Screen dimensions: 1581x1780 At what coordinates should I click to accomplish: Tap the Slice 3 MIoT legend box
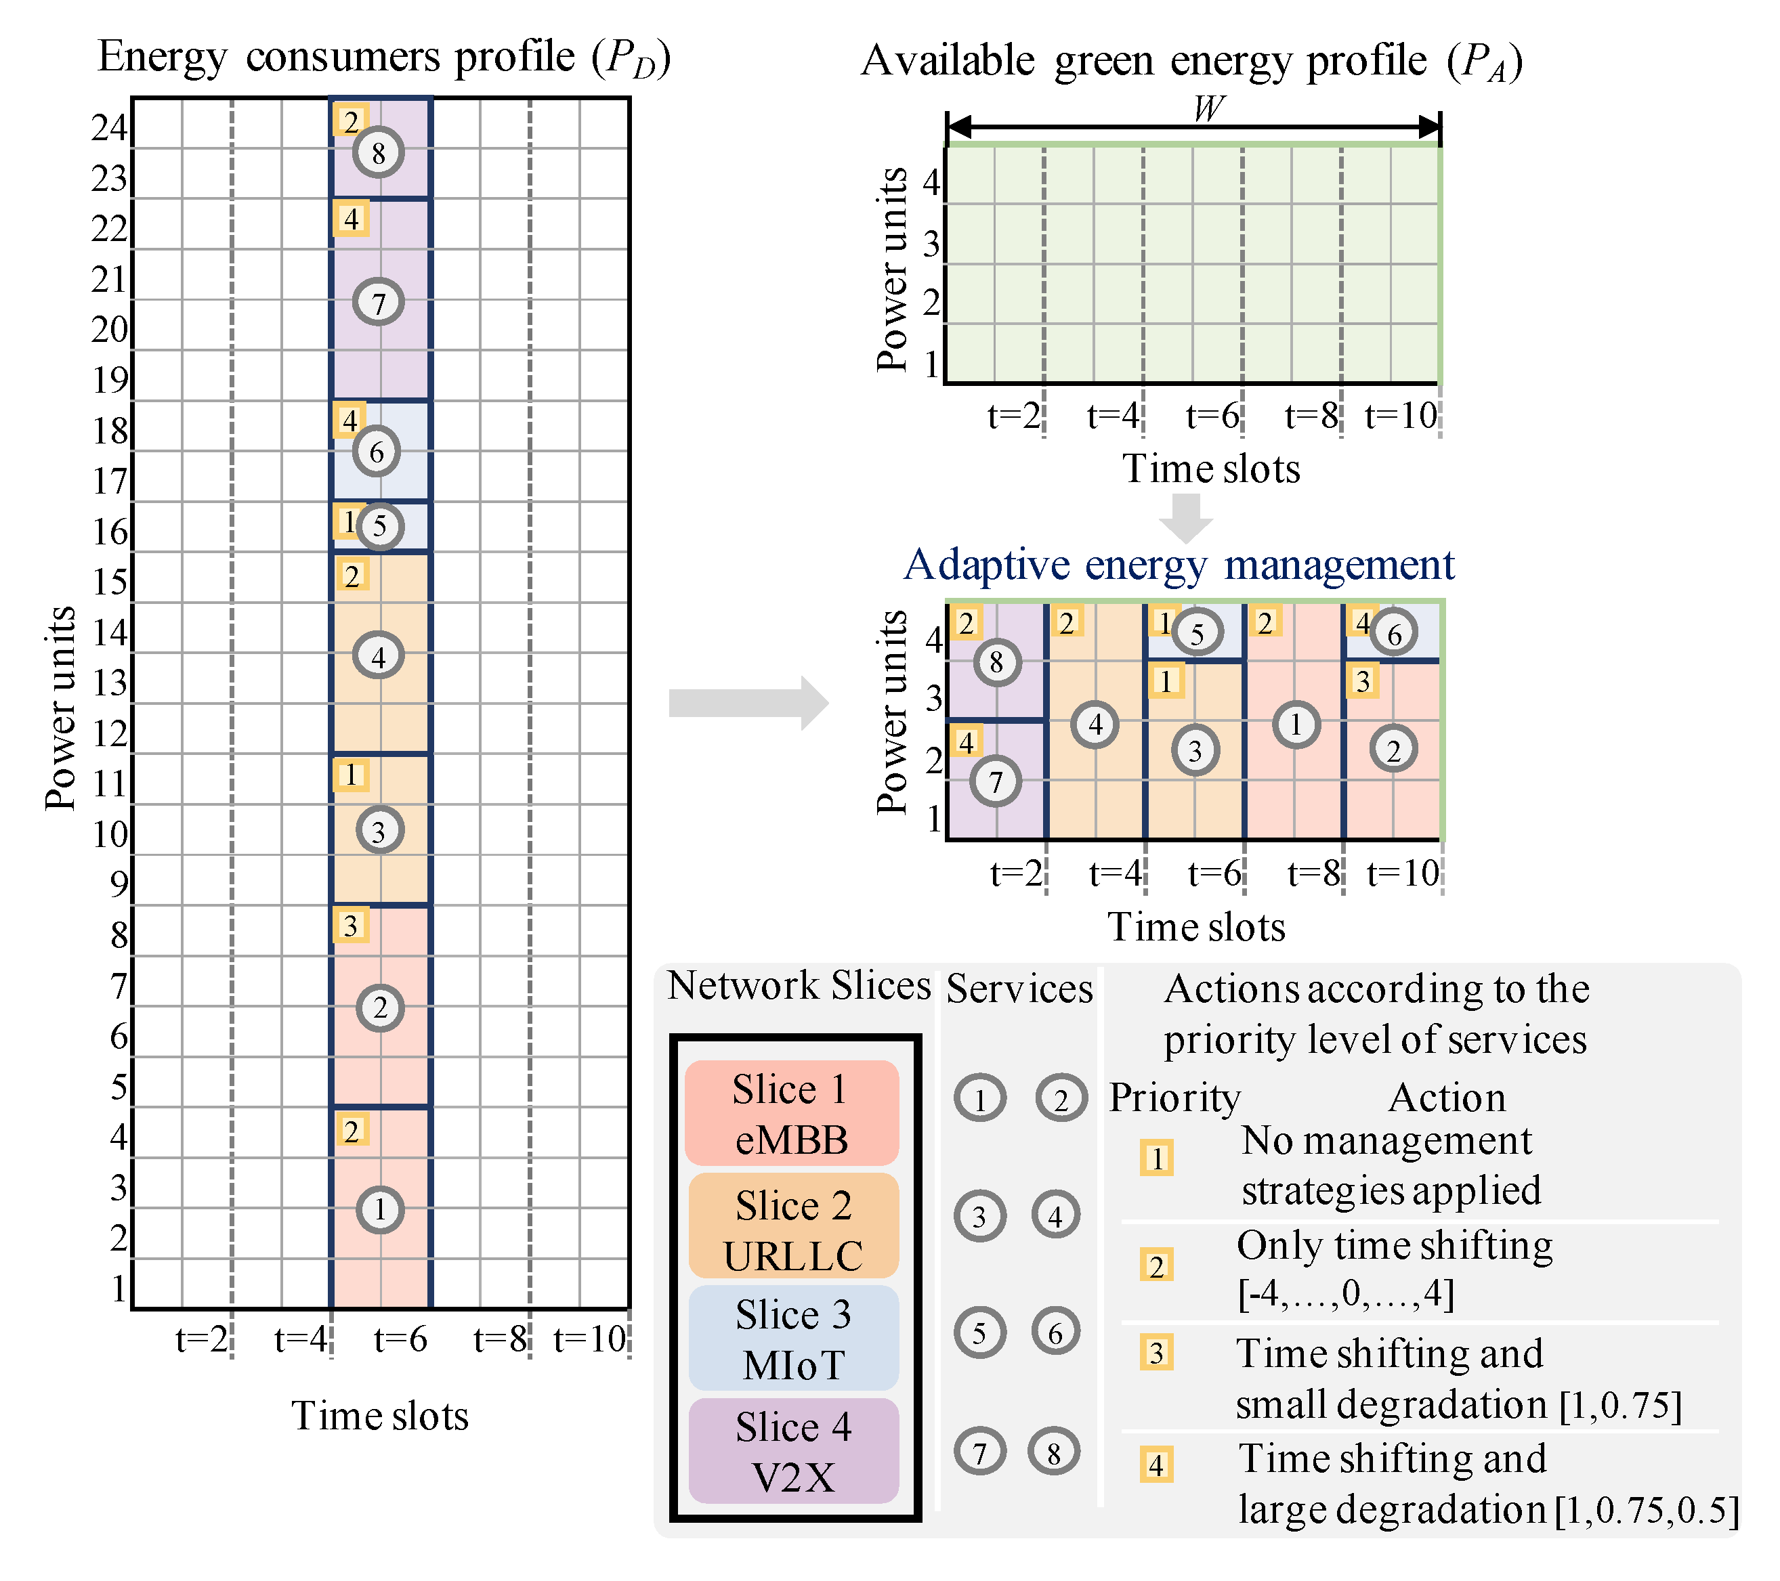click(792, 1338)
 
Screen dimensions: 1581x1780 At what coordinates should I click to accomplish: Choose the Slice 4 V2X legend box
click(792, 1450)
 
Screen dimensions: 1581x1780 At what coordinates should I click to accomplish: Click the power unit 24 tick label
click(110, 128)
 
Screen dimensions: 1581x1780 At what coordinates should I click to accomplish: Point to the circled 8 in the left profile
click(378, 153)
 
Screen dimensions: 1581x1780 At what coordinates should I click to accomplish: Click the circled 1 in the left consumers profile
click(380, 1209)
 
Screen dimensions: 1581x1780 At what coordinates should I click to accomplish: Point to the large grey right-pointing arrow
click(748, 703)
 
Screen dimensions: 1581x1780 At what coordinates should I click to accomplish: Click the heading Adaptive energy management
click(1179, 565)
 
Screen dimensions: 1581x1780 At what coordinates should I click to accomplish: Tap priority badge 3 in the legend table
click(1156, 1352)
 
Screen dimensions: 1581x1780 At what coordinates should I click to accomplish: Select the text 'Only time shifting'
click(1394, 1245)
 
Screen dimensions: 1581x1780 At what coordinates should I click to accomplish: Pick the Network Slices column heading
click(799, 986)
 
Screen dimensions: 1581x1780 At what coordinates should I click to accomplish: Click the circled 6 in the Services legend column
click(1055, 1332)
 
